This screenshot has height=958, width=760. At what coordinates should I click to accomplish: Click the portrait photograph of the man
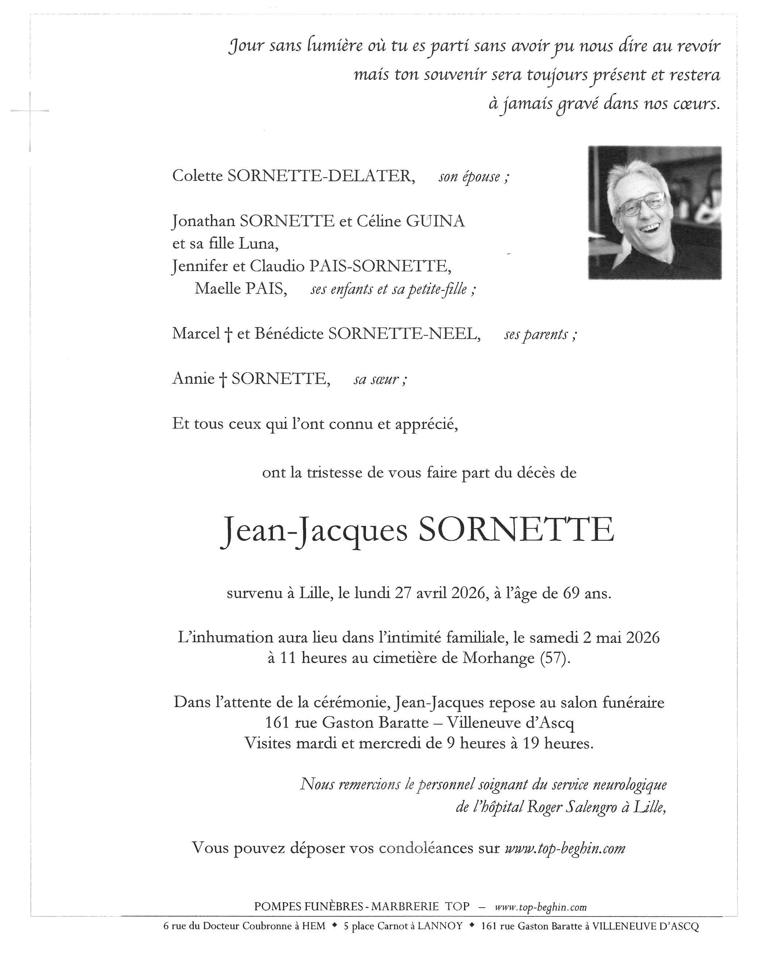click(x=654, y=212)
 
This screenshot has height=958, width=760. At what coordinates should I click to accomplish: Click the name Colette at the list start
click(x=197, y=176)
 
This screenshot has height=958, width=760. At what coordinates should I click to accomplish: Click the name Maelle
click(x=216, y=289)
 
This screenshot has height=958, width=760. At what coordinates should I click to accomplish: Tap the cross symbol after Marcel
click(x=228, y=334)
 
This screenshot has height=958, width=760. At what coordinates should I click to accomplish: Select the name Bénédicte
click(x=289, y=333)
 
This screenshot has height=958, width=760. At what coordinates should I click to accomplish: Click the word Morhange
click(x=498, y=658)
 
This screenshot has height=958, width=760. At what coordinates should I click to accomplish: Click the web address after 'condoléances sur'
click(x=565, y=848)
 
